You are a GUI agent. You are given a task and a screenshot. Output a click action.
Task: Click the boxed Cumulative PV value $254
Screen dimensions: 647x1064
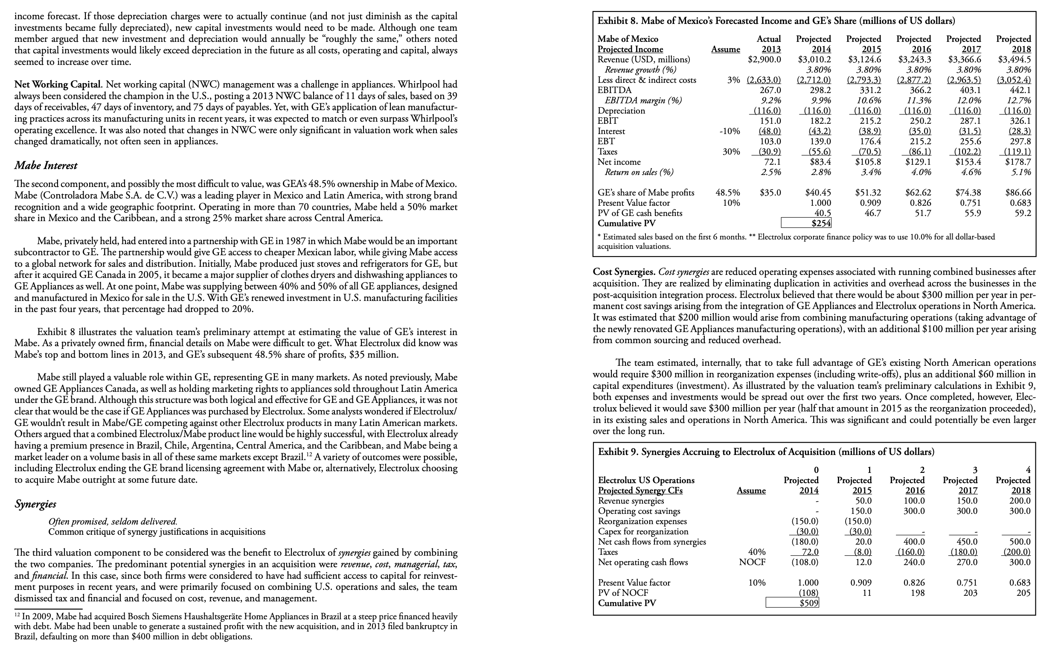(807, 223)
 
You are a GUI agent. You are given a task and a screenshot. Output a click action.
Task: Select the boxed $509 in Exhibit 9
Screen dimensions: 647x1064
(792, 603)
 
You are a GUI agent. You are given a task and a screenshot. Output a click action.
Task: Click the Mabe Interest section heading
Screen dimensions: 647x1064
(46, 166)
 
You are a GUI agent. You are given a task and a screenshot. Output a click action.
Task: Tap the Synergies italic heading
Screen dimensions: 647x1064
(35, 504)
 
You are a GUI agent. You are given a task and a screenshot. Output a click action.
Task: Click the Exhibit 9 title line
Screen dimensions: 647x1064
(766, 452)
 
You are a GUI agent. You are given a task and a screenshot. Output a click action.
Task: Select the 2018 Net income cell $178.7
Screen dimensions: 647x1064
(1019, 162)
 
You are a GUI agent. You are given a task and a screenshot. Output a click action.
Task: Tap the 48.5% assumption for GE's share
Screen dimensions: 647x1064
(728, 192)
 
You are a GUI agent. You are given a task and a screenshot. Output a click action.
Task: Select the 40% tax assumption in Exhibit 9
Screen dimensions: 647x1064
(756, 552)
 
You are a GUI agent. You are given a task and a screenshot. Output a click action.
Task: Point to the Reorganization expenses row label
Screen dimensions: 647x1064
(642, 522)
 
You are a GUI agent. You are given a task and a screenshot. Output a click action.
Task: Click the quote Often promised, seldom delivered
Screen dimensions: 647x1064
(113, 522)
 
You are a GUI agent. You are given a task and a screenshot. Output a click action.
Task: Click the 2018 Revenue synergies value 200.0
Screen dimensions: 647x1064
(1020, 501)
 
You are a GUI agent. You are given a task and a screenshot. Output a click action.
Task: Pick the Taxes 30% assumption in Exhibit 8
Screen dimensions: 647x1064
(731, 152)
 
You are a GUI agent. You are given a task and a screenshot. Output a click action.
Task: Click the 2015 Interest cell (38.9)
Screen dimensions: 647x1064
(869, 131)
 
